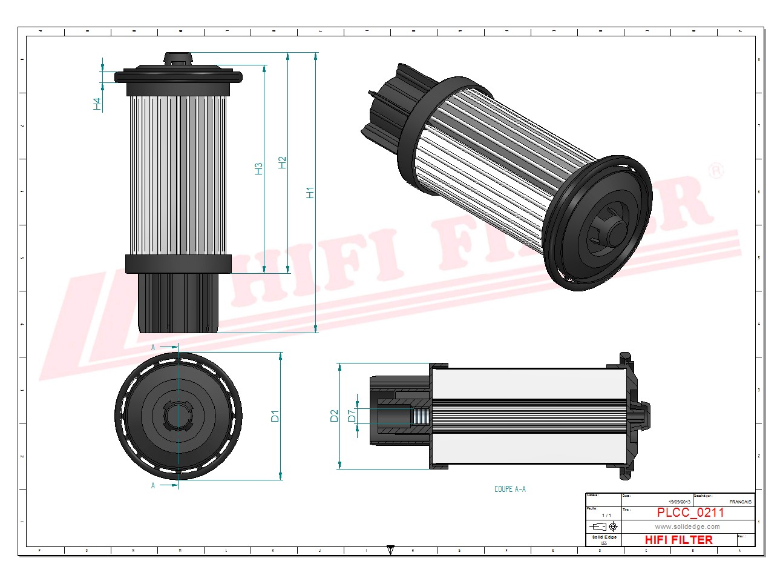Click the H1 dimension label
point(310,193)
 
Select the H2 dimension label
point(282,162)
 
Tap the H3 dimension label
point(259,168)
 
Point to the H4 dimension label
point(97,104)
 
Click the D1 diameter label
point(275,416)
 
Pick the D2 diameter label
point(334,416)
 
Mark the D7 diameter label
point(352,416)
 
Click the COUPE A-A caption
point(509,489)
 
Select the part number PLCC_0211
point(690,513)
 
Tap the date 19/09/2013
point(679,502)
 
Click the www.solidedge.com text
point(687,526)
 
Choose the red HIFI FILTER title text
point(678,539)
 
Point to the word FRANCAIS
point(740,502)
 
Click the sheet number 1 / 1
point(606,515)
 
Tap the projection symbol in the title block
point(603,526)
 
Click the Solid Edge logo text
point(604,537)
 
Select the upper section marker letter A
point(153,347)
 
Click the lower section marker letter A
point(153,485)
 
